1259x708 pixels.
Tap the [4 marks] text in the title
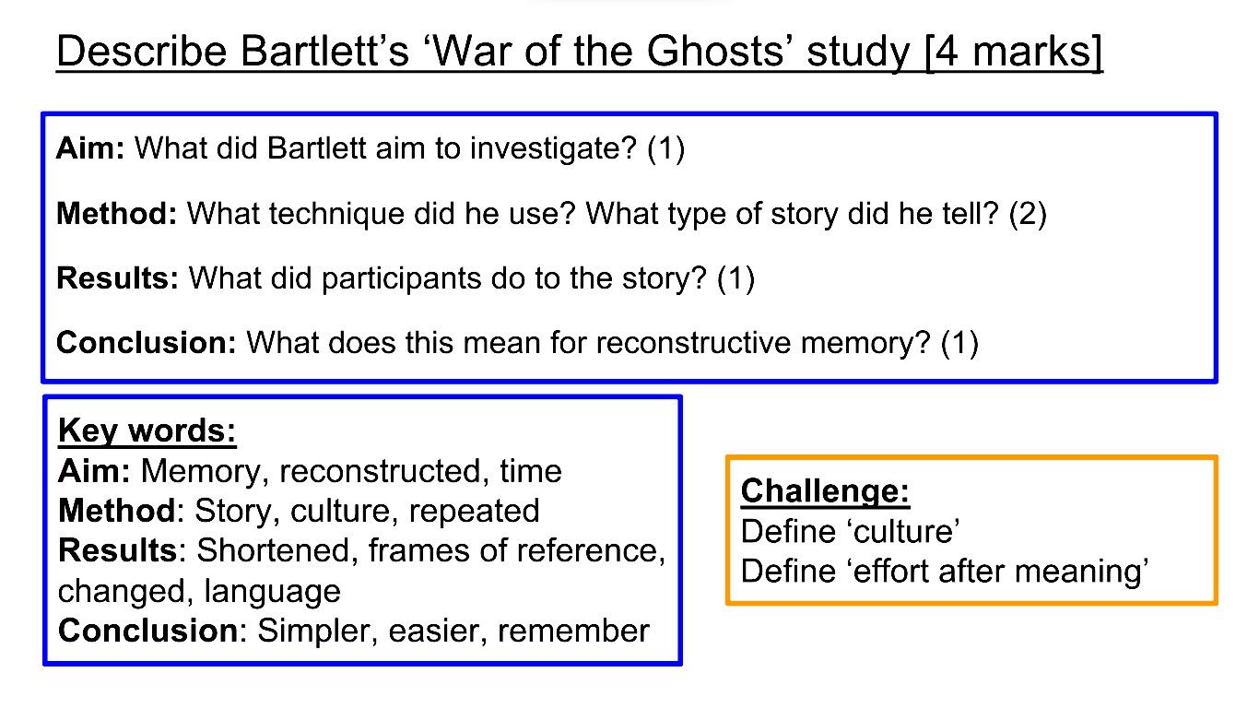pos(1014,53)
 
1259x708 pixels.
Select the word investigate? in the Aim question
pos(553,149)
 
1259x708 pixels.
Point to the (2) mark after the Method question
pos(1028,214)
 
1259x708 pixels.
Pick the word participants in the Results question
pos(401,279)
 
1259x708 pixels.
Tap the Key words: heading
pos(147,431)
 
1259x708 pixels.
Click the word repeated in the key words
pos(474,511)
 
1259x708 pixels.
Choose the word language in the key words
pos(272,592)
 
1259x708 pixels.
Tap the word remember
pos(573,631)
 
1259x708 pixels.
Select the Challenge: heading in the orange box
pos(825,491)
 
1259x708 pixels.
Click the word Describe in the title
pos(142,52)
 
